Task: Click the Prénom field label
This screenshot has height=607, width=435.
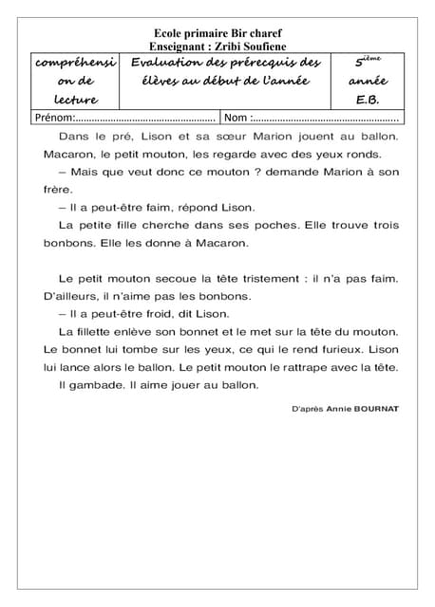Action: [x=54, y=119]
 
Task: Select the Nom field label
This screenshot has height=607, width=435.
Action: [x=236, y=119]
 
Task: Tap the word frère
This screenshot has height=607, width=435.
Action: [x=59, y=189]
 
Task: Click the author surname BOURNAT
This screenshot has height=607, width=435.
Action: [x=376, y=409]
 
